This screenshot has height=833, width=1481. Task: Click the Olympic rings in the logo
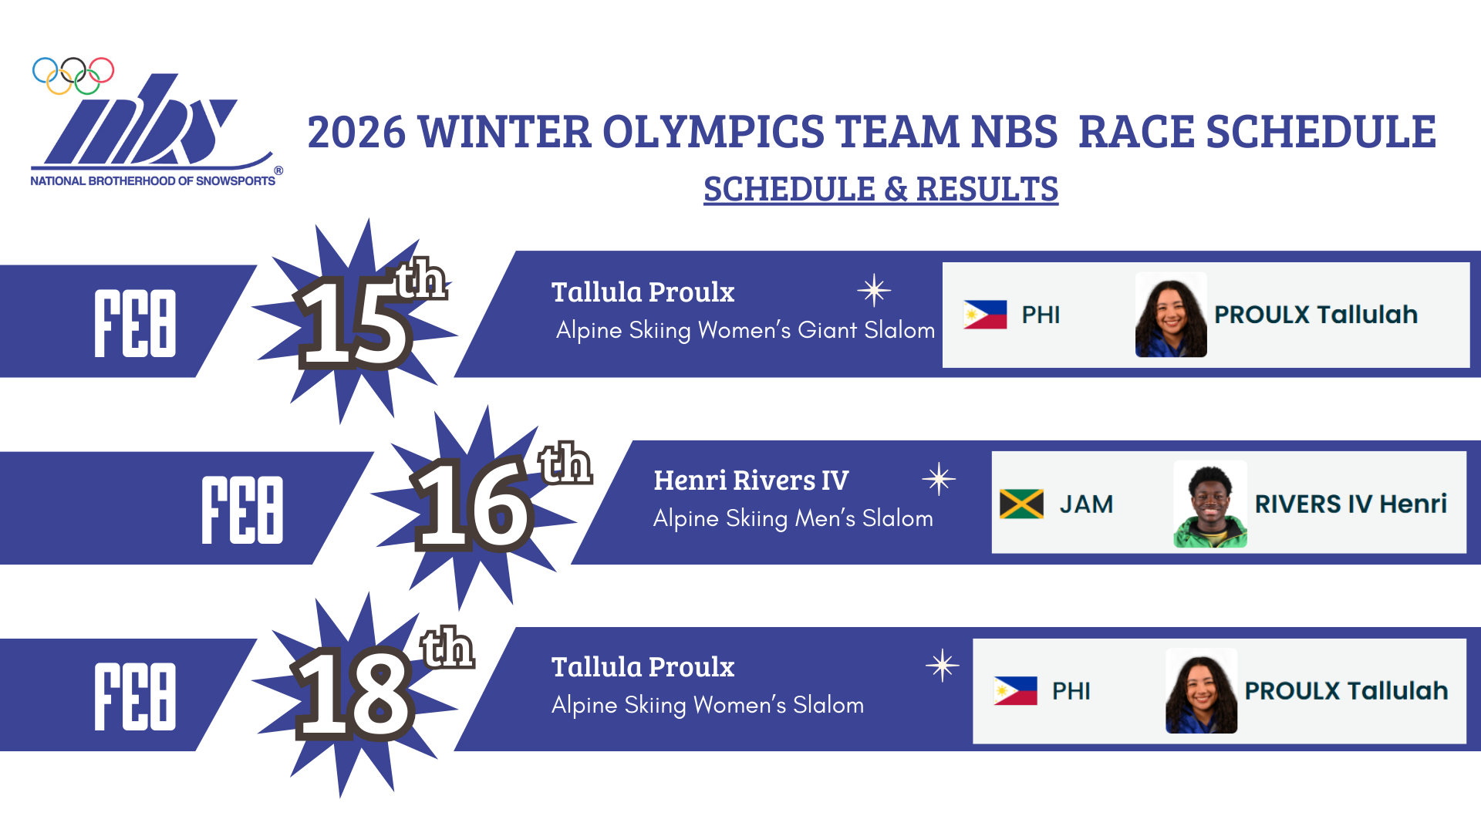(x=73, y=76)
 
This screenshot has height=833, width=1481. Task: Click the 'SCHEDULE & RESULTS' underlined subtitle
(x=881, y=189)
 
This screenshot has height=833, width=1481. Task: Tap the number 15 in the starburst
(x=356, y=322)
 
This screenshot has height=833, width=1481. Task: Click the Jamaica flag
(x=1021, y=504)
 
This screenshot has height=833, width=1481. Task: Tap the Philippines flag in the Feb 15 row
(x=985, y=315)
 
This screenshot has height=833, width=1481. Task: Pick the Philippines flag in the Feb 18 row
(x=1016, y=691)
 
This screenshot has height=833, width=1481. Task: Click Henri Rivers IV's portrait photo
(x=1210, y=504)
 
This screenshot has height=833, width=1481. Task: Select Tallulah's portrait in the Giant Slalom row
(x=1171, y=315)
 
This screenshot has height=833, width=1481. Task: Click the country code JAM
(x=1086, y=504)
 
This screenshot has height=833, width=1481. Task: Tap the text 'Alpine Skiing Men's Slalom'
(x=793, y=518)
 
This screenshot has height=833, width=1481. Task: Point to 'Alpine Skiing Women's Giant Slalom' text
(x=745, y=330)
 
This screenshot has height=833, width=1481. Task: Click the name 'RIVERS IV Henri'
(x=1351, y=504)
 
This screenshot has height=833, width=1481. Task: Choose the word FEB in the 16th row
(x=242, y=510)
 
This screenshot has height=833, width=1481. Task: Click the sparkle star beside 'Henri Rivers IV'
(x=939, y=479)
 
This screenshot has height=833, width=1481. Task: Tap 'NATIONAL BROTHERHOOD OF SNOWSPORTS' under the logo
(x=153, y=181)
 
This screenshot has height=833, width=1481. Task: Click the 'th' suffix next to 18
(x=447, y=648)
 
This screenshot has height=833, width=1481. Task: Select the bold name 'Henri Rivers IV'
(x=751, y=480)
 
